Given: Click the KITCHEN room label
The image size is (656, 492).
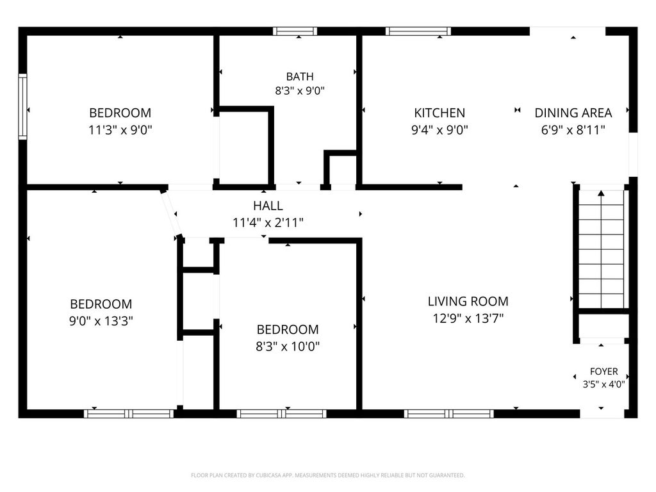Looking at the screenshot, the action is (439, 113).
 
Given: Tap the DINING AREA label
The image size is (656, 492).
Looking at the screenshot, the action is (573, 113).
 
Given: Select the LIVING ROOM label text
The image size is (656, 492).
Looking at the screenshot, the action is (468, 301).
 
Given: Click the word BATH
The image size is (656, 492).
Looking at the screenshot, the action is (300, 77).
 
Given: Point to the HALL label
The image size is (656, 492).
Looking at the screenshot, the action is (268, 206).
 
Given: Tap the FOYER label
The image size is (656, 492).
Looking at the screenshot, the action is (603, 371).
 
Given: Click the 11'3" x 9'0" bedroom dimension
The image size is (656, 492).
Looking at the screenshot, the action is (120, 130).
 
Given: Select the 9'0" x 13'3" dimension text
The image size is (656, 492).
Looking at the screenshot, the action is (101, 321).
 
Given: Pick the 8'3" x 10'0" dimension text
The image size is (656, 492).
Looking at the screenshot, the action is (288, 347).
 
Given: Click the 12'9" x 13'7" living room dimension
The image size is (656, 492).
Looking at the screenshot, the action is (468, 318).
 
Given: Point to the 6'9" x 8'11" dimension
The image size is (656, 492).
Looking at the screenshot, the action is (573, 130).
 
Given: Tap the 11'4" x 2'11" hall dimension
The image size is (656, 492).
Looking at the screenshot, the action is (268, 222).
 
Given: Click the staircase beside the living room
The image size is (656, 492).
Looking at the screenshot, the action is (601, 249).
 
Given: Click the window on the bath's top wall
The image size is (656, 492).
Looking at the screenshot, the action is (295, 31).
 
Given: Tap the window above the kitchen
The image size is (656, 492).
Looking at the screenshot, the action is (418, 31).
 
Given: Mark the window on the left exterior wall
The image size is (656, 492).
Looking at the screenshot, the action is (22, 107).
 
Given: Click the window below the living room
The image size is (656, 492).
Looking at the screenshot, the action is (449, 414).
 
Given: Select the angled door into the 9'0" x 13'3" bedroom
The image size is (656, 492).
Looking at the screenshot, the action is (171, 213).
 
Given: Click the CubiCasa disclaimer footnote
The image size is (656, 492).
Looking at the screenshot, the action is (327, 475).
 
